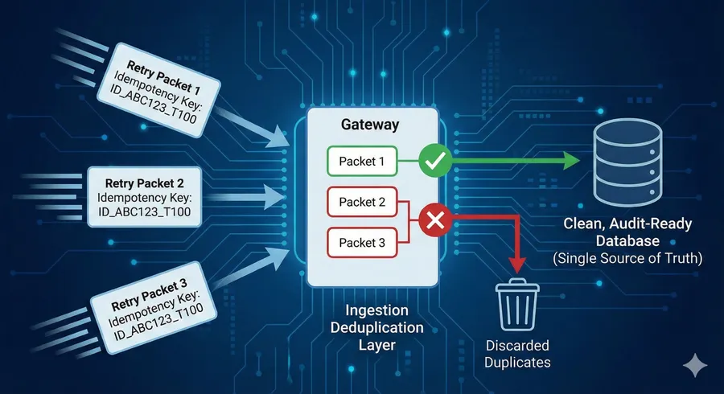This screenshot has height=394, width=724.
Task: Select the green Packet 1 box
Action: click(x=363, y=162)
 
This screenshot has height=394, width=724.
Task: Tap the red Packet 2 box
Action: click(x=363, y=203)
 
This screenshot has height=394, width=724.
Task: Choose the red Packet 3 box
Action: click(x=363, y=241)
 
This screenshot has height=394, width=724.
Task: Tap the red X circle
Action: click(x=434, y=219)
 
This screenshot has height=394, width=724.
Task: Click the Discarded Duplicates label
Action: click(x=518, y=354)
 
